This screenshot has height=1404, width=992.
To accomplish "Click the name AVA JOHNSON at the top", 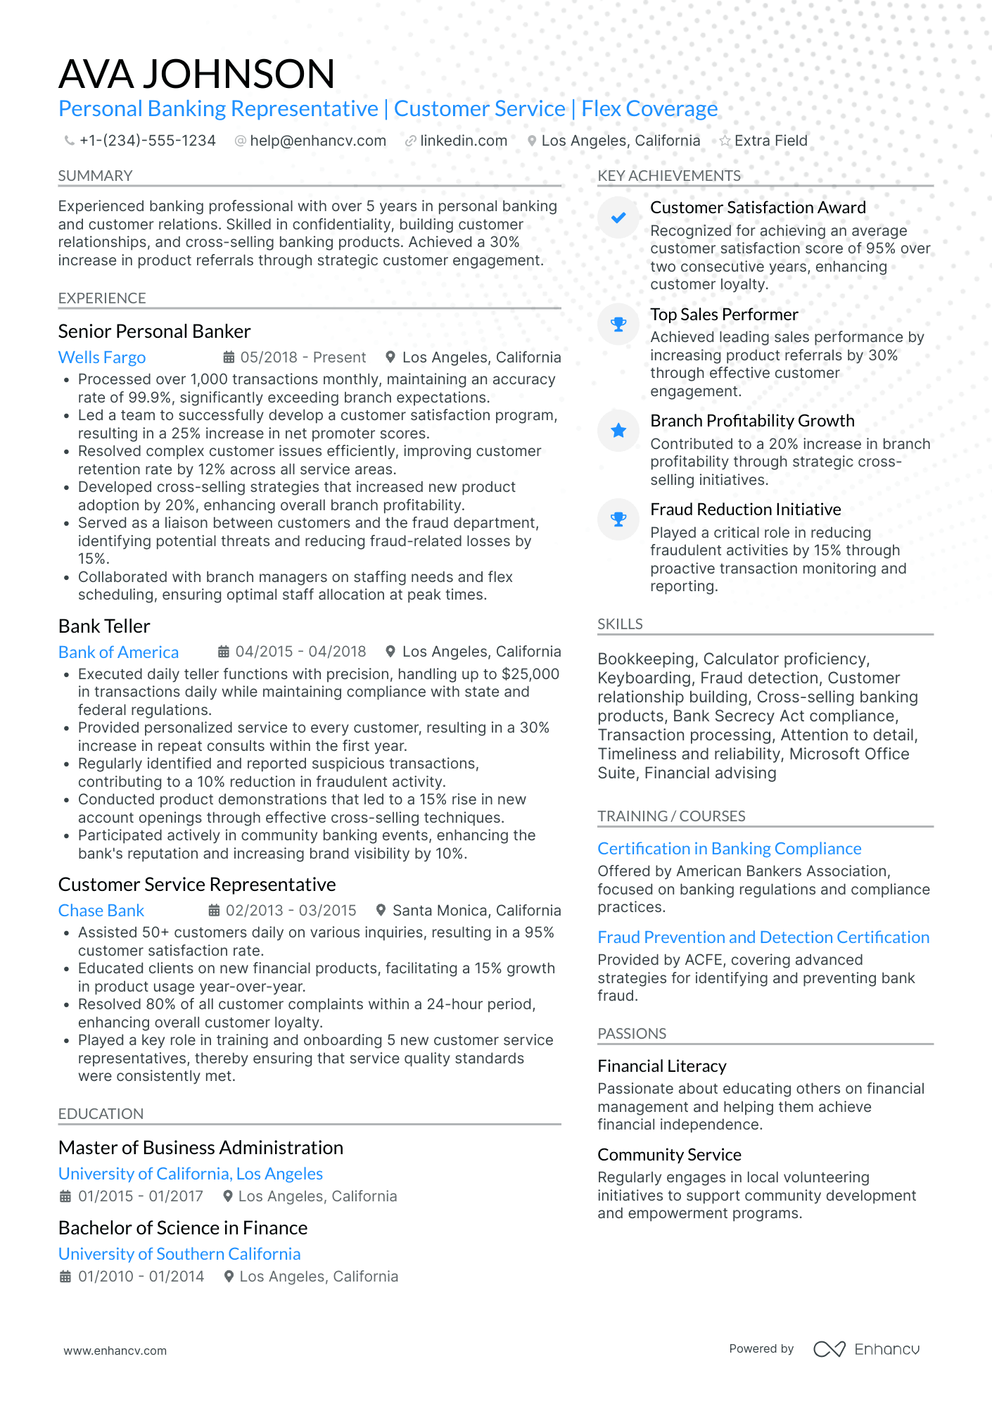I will (x=196, y=74).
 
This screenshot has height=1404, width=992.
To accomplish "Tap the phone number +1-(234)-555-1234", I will (x=147, y=141).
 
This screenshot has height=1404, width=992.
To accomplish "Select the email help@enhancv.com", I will (x=318, y=141).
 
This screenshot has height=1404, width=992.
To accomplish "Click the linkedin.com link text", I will (x=464, y=141).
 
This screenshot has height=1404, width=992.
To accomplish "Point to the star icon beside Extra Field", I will (x=725, y=141).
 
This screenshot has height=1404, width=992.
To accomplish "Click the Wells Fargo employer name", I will (x=102, y=358).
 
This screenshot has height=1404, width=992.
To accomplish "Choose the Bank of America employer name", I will (x=118, y=652).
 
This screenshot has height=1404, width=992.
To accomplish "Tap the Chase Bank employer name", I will (x=101, y=911).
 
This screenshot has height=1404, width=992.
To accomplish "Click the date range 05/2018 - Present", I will (x=303, y=358).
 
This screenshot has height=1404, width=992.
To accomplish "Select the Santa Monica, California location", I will (x=476, y=911).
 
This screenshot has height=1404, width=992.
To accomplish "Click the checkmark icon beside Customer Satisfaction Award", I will (x=618, y=218).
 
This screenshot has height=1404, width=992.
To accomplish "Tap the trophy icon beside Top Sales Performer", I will (x=618, y=324).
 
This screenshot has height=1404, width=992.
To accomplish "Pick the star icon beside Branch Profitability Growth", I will (x=618, y=431).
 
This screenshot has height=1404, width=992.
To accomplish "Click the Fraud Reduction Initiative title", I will (x=745, y=510).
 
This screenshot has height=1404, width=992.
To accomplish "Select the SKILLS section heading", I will (x=620, y=624).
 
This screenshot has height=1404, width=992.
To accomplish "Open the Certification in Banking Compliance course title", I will (x=729, y=849).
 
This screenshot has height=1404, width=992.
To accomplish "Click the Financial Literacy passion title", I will (x=661, y=1066).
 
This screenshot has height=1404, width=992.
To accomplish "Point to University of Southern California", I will (x=179, y=1254).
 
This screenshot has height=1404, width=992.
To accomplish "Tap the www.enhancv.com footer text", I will (x=115, y=1351).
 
